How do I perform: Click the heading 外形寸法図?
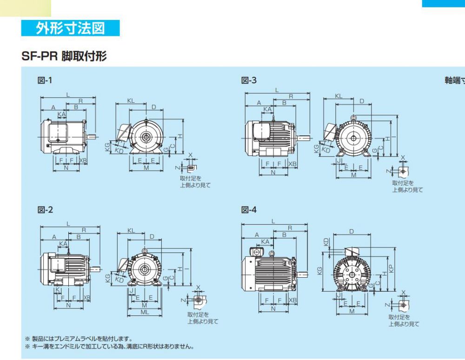coord(70,28)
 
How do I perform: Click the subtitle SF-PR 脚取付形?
coord(64,57)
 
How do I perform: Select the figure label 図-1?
coord(45,80)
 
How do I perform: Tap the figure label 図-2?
coord(45,210)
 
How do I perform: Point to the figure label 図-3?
coord(249,80)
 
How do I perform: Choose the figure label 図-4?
coord(249,210)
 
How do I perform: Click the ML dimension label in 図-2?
coord(145,313)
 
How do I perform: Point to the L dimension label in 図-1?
coord(68,95)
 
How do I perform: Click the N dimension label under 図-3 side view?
coord(273,173)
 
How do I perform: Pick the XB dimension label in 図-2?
coord(87,298)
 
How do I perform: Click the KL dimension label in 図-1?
coord(131,101)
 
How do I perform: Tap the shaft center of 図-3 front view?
coord(353,139)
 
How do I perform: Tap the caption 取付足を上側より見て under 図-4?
coord(404,321)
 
